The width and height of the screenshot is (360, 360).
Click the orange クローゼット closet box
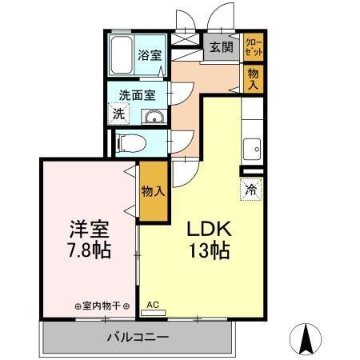click(x=253, y=46)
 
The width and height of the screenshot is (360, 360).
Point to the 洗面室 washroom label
click(x=138, y=94)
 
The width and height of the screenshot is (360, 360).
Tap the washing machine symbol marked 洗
click(x=117, y=114)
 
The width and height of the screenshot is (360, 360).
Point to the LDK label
click(x=210, y=229)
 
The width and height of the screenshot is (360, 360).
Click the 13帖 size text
click(x=210, y=251)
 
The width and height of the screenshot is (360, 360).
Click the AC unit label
click(x=153, y=305)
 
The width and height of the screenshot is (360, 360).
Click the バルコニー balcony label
click(x=138, y=337)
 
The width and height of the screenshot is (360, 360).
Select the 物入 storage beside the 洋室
click(x=153, y=191)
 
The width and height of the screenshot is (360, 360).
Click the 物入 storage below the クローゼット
click(x=253, y=78)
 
